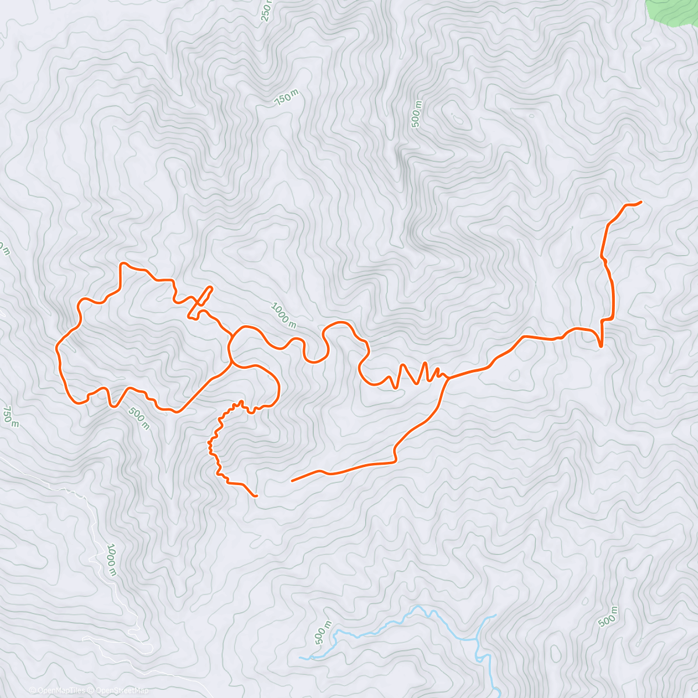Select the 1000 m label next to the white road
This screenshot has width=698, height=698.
pyautogui.click(x=112, y=560)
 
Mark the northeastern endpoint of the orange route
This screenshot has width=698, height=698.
pyautogui.click(x=640, y=202)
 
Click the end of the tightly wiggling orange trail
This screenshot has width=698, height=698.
pyautogui.click(x=257, y=496)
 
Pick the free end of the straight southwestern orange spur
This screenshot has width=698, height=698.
pyautogui.click(x=292, y=481)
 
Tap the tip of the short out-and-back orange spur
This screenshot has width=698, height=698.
pyautogui.click(x=211, y=287)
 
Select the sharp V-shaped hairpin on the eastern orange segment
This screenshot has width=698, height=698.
pyautogui.click(x=600, y=346)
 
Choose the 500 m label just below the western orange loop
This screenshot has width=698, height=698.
pyautogui.click(x=138, y=418)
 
